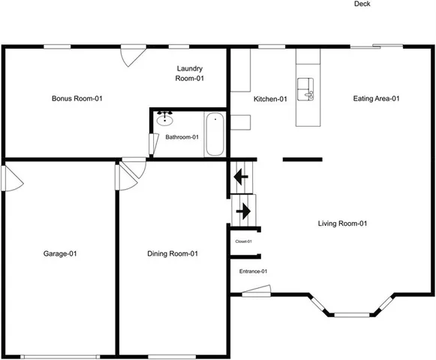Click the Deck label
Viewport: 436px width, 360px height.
(x=362, y=4)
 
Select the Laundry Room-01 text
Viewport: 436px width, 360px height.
(x=189, y=73)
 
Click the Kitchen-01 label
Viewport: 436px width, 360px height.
(x=270, y=99)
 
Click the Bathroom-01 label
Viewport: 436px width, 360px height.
(x=182, y=137)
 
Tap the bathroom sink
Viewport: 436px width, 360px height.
(x=165, y=118)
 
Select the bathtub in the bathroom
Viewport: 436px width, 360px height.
(x=215, y=134)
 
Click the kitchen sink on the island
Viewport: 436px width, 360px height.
(x=306, y=88)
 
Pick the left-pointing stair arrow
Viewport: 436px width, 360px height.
(x=240, y=178)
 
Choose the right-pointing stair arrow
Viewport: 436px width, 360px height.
(x=243, y=211)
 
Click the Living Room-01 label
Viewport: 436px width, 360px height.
(x=342, y=223)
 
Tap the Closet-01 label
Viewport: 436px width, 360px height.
(x=243, y=241)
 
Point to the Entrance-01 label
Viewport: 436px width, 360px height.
(x=253, y=271)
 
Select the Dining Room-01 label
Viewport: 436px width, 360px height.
(x=173, y=253)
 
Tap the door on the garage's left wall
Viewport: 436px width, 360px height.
(x=9, y=178)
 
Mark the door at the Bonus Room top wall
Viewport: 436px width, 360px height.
(x=132, y=54)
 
